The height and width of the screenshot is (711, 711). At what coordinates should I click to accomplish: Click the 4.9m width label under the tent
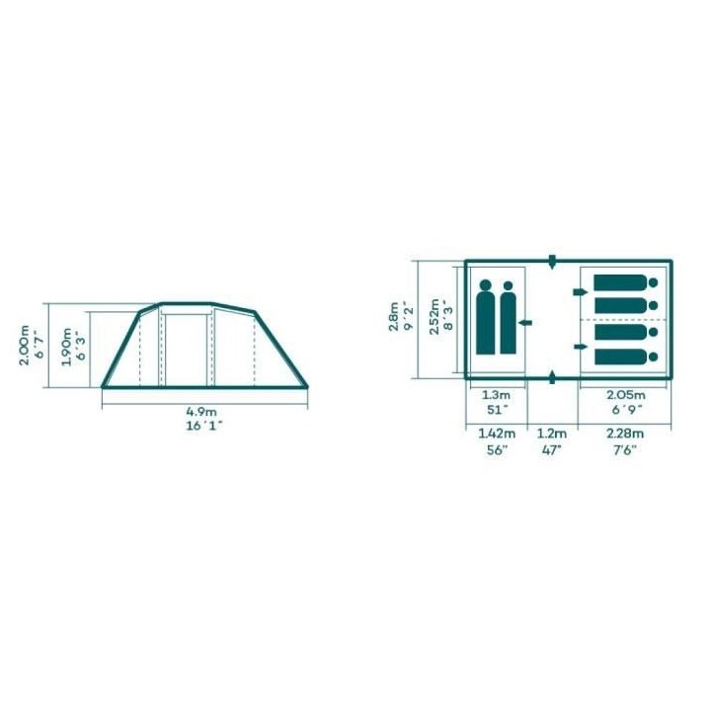(201, 412)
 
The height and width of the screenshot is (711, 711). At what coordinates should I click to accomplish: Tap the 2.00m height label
(24, 345)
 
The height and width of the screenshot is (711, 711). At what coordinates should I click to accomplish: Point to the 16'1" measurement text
(204, 427)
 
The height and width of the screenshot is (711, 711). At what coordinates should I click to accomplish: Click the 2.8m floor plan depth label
(394, 317)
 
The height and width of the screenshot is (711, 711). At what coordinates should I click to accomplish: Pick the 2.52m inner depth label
(434, 316)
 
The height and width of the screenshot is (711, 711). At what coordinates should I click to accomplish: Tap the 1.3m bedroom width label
(497, 395)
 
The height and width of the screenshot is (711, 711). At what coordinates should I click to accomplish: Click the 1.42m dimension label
(497, 434)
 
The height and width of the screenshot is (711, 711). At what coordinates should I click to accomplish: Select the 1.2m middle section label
(552, 434)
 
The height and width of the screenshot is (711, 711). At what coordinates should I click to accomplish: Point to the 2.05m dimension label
(626, 395)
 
